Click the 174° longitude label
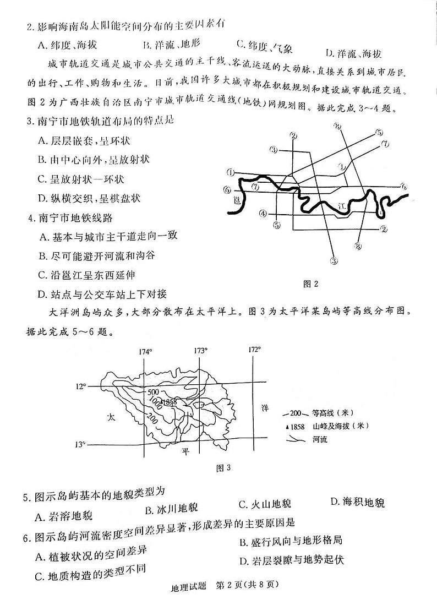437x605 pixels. click(145, 351)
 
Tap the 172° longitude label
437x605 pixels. click(254, 350)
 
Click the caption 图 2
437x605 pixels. click(311, 284)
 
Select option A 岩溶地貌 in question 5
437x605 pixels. click(63, 516)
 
